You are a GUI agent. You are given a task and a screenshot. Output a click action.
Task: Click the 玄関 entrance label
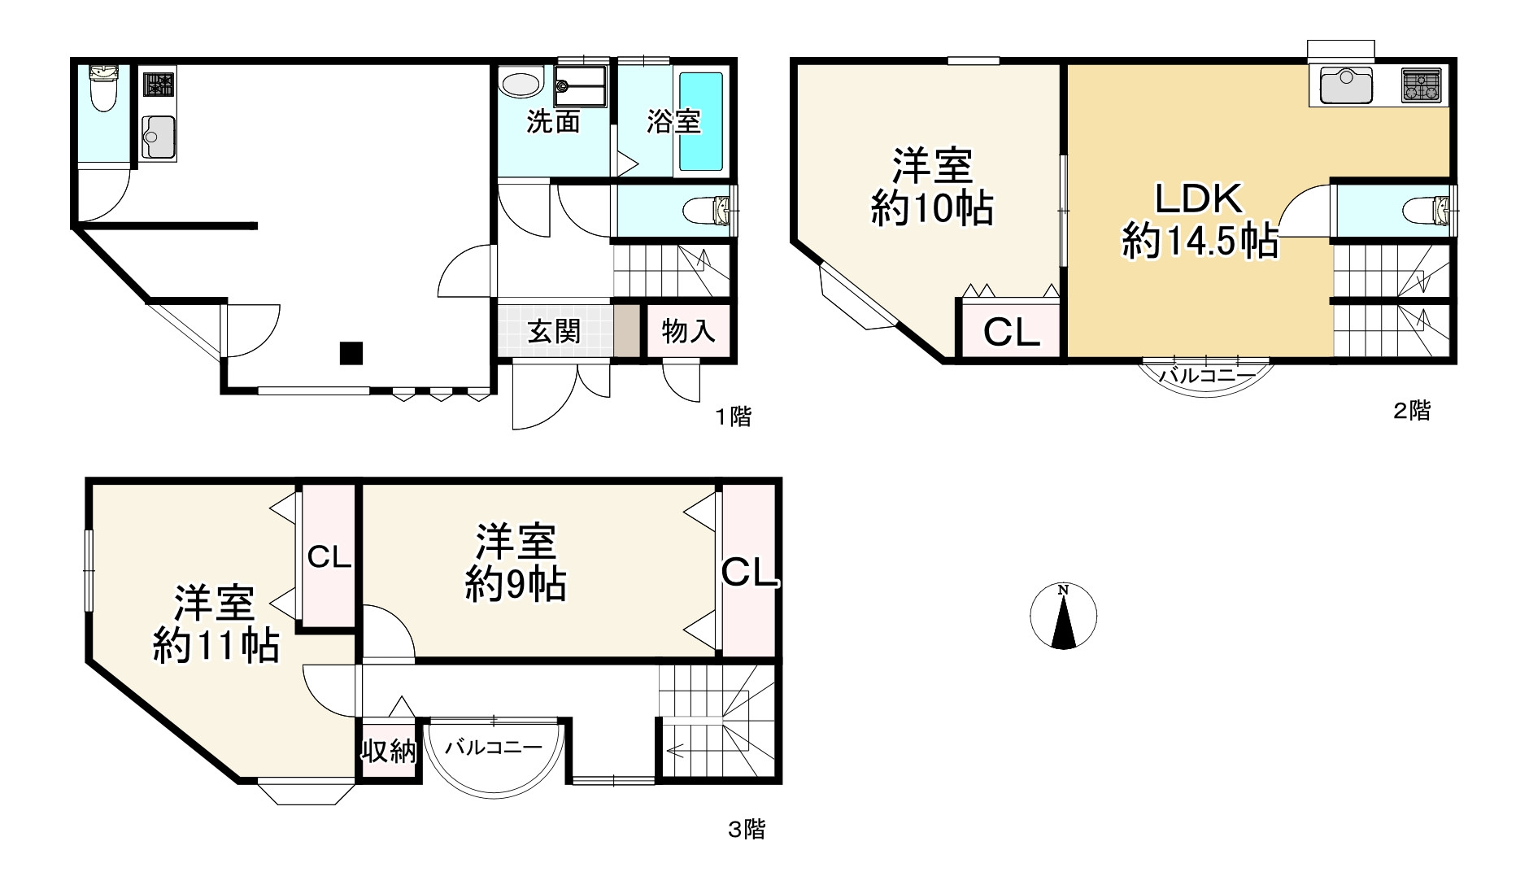[x=554, y=331]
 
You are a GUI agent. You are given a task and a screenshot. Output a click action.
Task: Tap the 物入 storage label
[x=688, y=331]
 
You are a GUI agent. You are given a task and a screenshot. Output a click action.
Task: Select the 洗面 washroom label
[x=553, y=122]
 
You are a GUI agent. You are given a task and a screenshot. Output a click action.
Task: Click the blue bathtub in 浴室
[x=701, y=122]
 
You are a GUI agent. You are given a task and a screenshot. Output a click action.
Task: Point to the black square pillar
[x=351, y=353]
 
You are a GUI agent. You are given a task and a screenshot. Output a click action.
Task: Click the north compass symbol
[x=1063, y=617]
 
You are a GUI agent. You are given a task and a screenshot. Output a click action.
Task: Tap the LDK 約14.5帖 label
[x=1200, y=220]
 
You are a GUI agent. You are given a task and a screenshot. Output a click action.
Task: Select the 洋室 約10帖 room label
[x=932, y=187]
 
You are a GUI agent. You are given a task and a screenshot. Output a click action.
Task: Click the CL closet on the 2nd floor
[x=1011, y=332]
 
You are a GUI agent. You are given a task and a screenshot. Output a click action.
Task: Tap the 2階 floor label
[x=1412, y=411]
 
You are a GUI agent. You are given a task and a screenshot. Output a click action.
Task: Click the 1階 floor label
[x=733, y=417]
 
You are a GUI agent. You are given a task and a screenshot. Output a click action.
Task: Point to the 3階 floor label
[x=746, y=830]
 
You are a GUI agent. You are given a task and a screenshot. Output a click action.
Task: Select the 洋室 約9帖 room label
[x=516, y=563]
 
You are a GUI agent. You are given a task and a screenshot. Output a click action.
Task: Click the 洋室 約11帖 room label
[x=216, y=624]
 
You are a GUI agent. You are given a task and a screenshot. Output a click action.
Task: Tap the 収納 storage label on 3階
[x=389, y=752]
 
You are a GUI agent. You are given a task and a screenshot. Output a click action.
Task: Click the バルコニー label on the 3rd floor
[x=494, y=747]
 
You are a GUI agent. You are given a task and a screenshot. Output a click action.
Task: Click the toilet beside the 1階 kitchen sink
[x=102, y=89]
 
